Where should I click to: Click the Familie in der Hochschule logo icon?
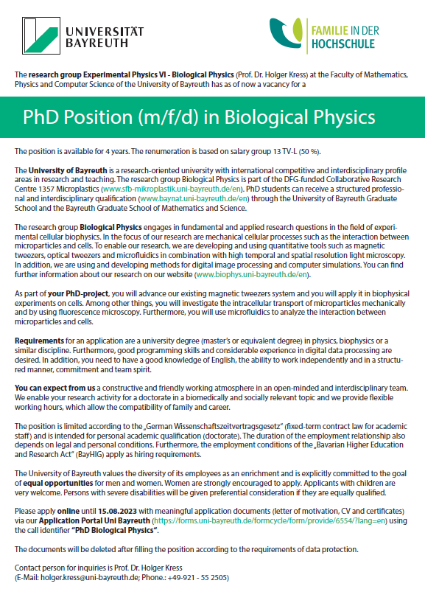(x=284, y=33)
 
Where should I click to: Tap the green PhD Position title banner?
(x=212, y=116)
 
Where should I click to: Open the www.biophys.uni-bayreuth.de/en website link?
(x=253, y=275)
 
